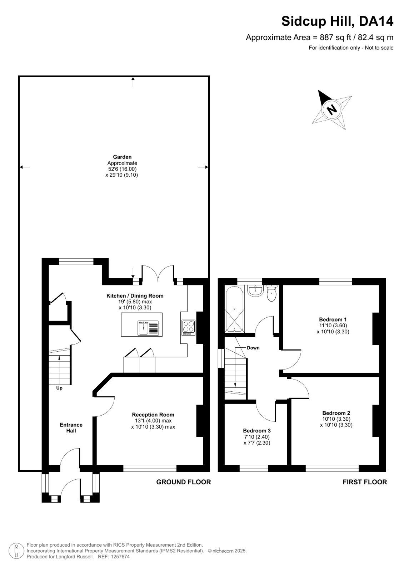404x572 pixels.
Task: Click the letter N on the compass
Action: pyautogui.click(x=331, y=110)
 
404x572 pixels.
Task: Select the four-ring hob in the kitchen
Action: pyautogui.click(x=189, y=328)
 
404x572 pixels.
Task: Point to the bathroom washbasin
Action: pyautogui.click(x=255, y=291)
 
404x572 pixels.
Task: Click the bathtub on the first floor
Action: pyautogui.click(x=234, y=309)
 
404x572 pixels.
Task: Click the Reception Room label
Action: pyautogui.click(x=153, y=415)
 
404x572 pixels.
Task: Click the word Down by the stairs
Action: pyautogui.click(x=253, y=348)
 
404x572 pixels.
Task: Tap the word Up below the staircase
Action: pyautogui.click(x=59, y=388)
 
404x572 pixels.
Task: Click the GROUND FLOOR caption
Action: pyautogui.click(x=184, y=482)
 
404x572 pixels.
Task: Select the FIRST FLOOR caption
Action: pyautogui.click(x=365, y=482)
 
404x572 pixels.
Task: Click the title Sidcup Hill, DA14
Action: pyautogui.click(x=338, y=21)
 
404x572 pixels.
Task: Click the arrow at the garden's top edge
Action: pyautogui.click(x=133, y=82)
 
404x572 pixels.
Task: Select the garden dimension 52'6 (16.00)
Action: pyautogui.click(x=123, y=169)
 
